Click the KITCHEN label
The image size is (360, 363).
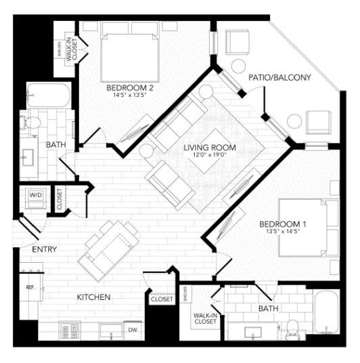[x=93, y=297]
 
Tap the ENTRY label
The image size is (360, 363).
[x=44, y=250]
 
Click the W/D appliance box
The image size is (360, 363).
[x=34, y=196]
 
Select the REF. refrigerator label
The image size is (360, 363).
[x=30, y=287]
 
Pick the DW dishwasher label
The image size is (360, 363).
[x=133, y=330]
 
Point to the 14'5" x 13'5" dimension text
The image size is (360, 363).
[x=131, y=96]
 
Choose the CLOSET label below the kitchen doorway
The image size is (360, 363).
[x=162, y=299]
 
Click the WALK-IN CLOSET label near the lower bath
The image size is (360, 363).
[x=204, y=318]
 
